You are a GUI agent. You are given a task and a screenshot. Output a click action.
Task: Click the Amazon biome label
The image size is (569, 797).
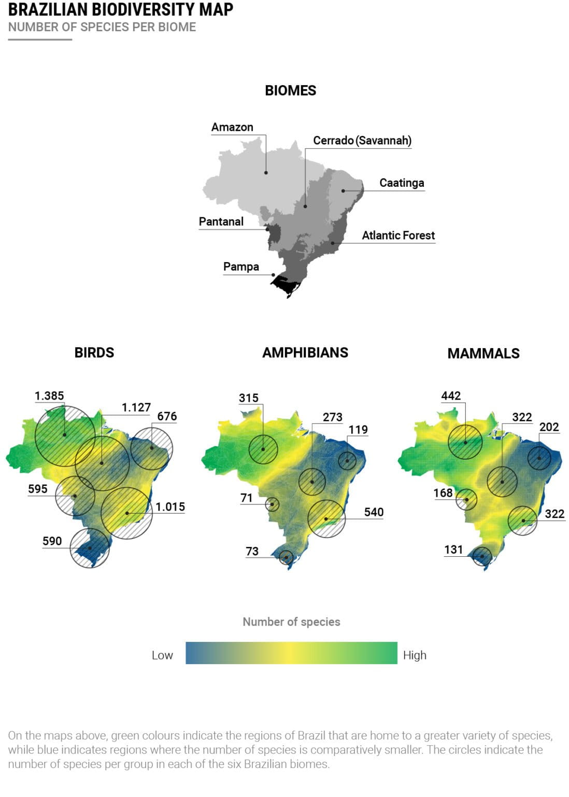coord(232,127)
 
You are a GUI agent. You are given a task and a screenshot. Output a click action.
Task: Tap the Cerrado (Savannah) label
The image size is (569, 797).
coord(362,141)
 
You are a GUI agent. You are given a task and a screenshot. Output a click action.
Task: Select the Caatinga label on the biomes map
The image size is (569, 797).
coord(402,183)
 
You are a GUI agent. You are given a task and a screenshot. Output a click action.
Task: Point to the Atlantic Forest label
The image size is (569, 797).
coord(398,236)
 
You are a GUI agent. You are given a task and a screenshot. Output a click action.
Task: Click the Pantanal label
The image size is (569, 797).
coord(221,222)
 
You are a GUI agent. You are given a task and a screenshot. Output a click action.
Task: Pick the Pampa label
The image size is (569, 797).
coord(241,267)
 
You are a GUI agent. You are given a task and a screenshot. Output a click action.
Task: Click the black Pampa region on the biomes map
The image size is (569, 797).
coord(284,285)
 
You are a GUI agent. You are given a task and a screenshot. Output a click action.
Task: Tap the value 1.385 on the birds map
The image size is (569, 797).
coord(49,396)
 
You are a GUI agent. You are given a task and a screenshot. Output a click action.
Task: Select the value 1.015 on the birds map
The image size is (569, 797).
coord(170,507)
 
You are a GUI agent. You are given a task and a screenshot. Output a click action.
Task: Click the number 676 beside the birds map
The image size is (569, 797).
coord(167,416)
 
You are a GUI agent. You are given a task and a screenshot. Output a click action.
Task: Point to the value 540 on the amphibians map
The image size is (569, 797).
coord(374,512)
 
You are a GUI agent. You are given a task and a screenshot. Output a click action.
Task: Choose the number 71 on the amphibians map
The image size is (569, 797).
coord(246,498)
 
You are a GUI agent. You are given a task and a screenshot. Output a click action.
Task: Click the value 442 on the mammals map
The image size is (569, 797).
coord(451,396)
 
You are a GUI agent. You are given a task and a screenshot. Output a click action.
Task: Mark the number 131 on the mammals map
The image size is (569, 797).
coord(453,549)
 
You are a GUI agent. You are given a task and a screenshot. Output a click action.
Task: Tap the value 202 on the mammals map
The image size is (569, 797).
coord(549,427)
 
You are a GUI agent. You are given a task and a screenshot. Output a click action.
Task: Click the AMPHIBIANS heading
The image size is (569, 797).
coord(305,353)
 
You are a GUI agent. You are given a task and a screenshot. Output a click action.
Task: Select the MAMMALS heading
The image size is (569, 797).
coord(483,353)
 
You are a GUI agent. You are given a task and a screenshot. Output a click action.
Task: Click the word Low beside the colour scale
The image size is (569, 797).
coord(162,655)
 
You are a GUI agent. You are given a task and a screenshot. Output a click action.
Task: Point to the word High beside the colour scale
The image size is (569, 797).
coord(415,655)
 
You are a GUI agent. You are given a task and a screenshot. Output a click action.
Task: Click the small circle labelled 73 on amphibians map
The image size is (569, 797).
coord(286,557)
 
